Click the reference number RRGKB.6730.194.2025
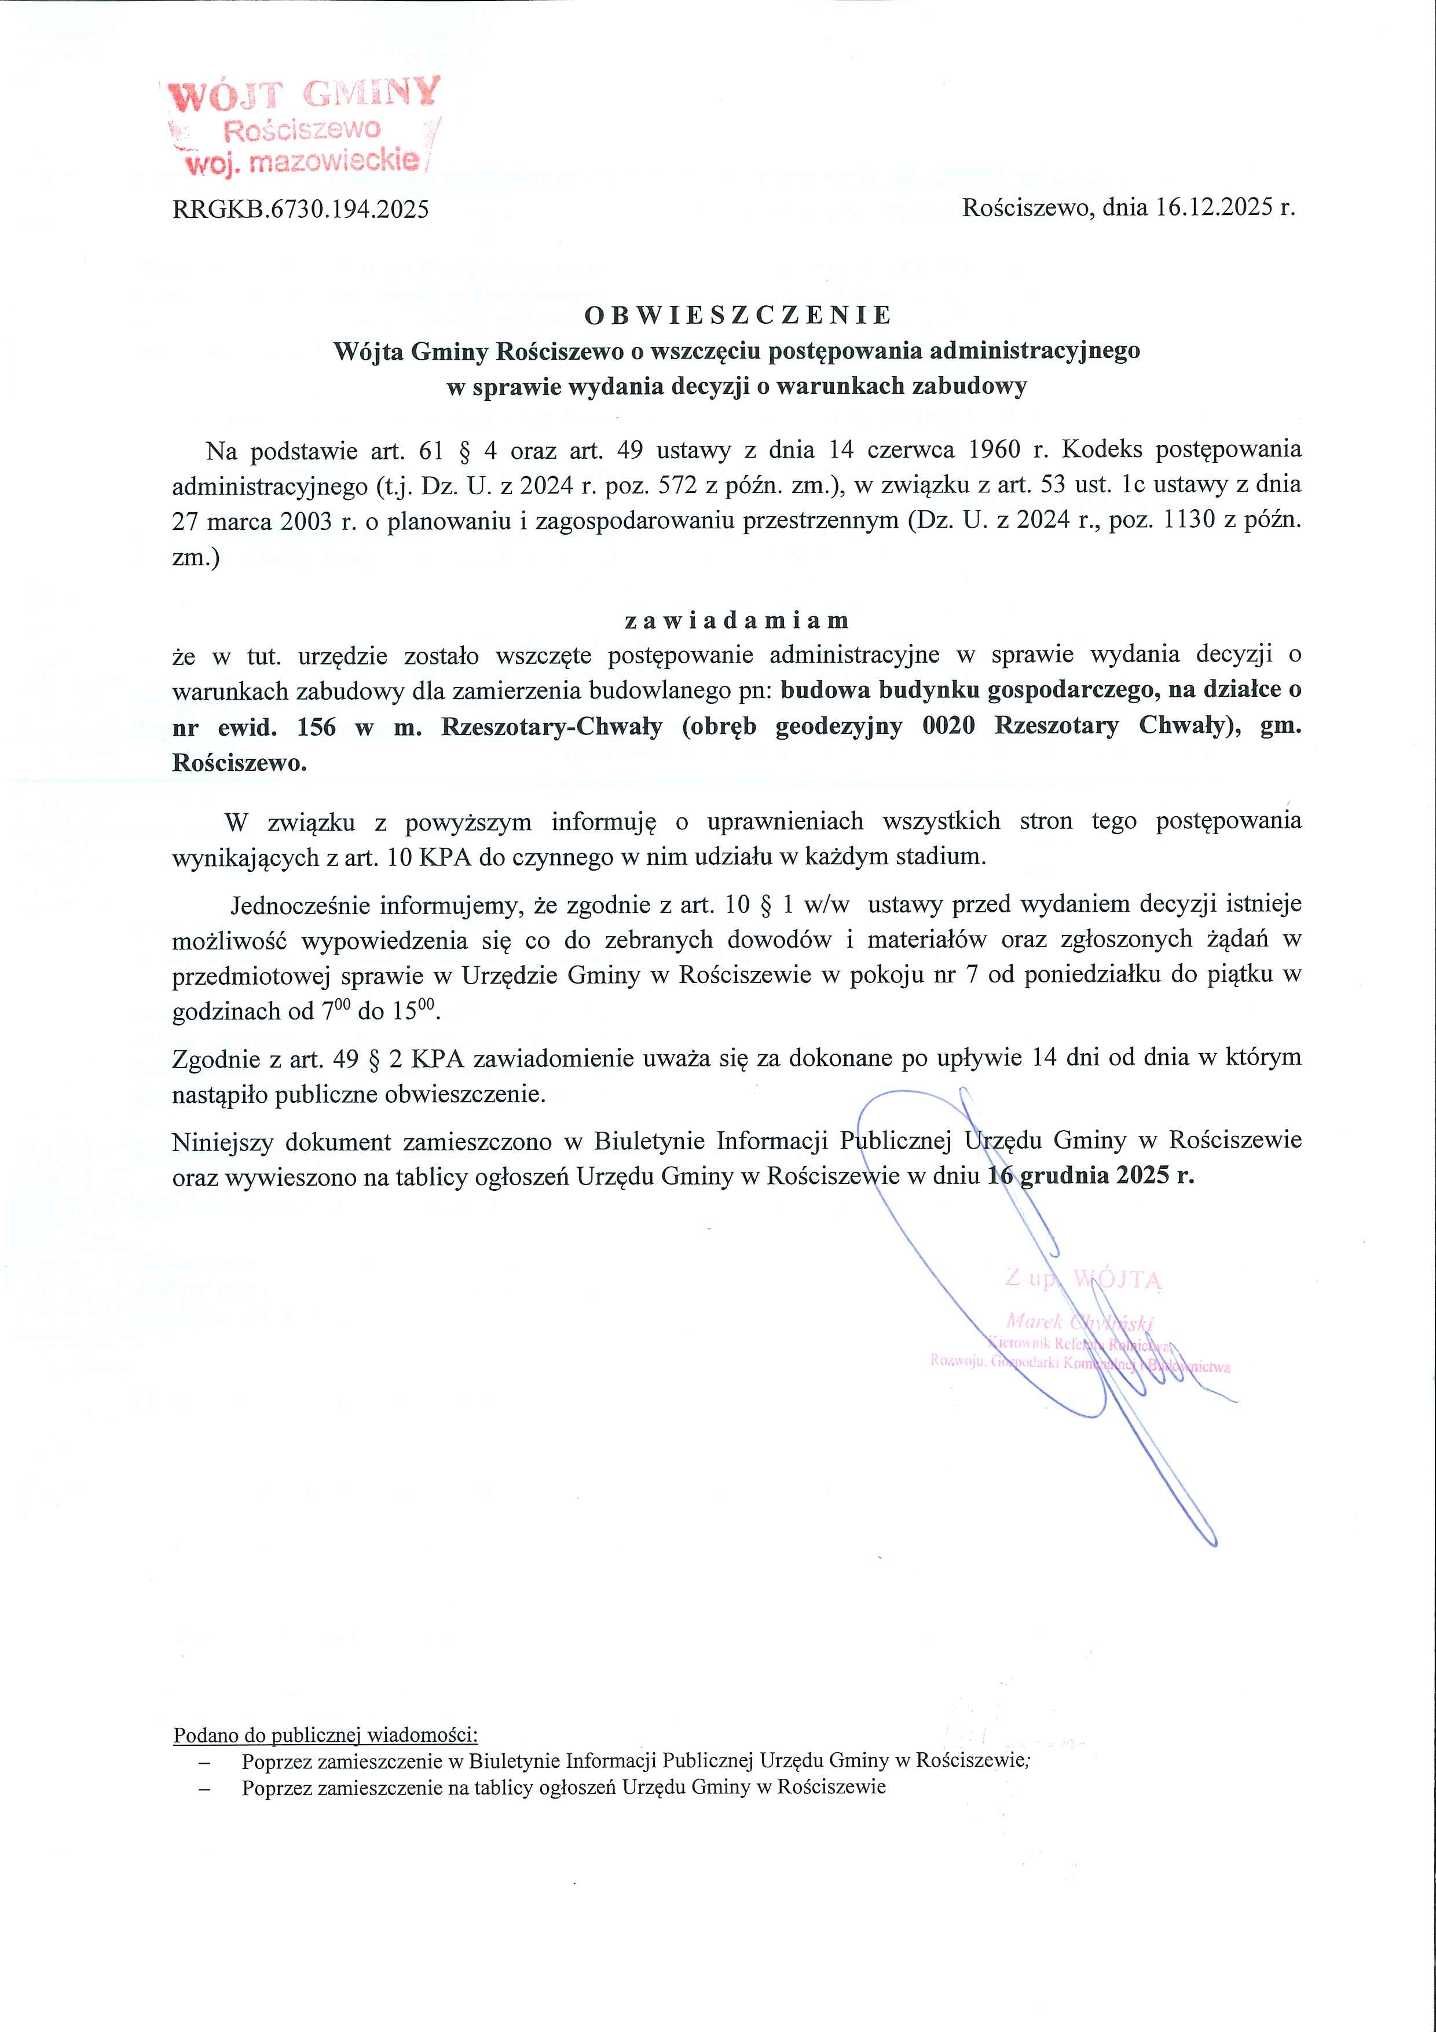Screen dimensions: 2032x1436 point(301,210)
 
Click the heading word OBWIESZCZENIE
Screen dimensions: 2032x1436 point(738,315)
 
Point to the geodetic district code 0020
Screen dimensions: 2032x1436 point(948,726)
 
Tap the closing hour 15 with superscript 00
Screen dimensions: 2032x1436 point(419,1011)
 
